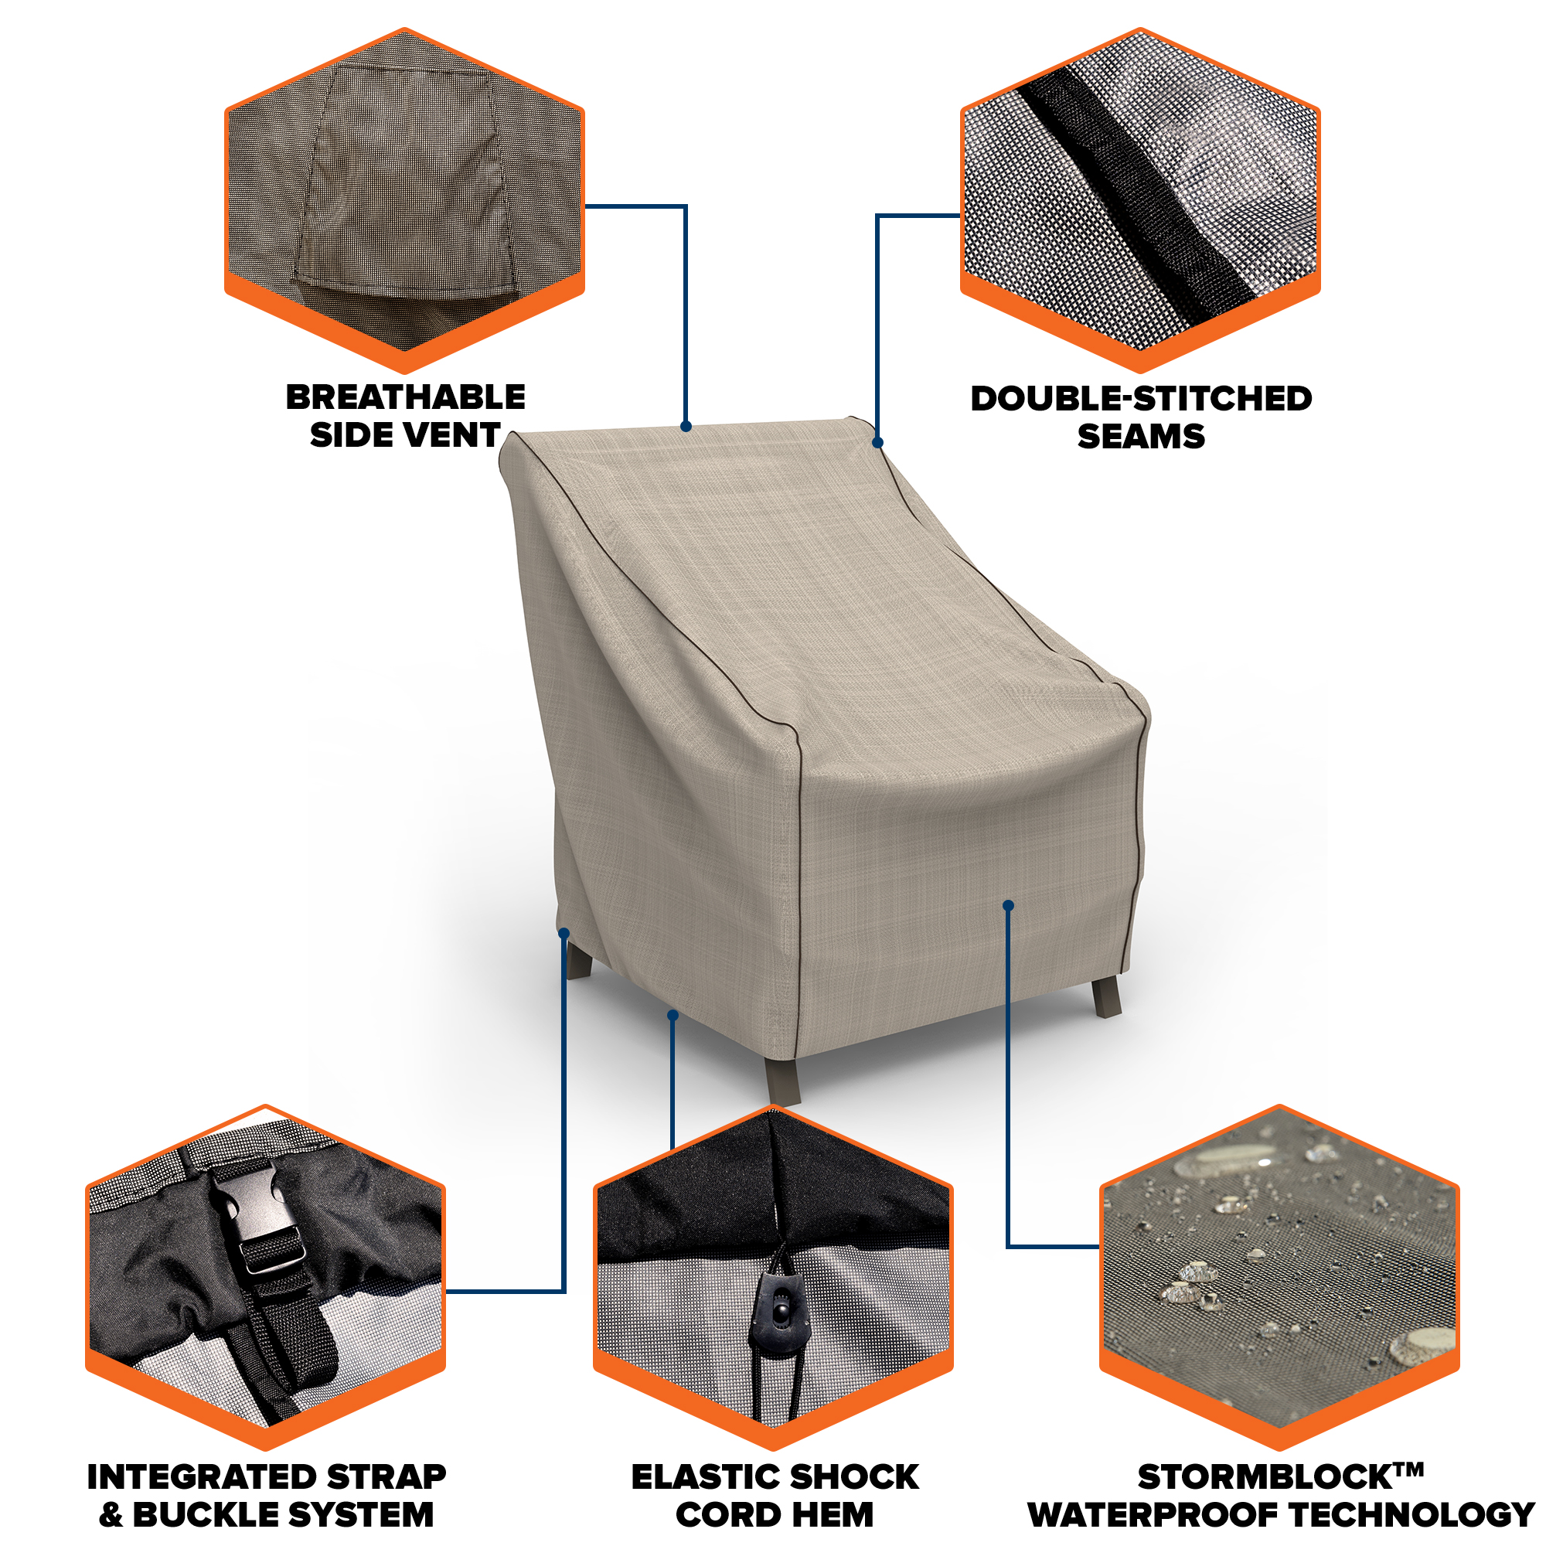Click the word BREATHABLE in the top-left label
406,397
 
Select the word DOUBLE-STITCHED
1141,400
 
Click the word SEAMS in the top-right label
1141,437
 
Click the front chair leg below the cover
782,1081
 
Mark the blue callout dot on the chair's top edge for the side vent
686,427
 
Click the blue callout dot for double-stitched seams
878,442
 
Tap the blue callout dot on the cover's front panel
1008,906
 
